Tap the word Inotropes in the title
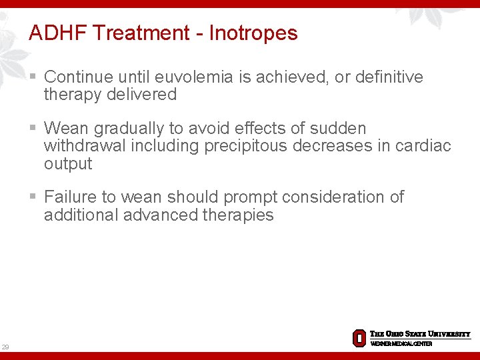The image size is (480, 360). [253, 33]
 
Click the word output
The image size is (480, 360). [67, 163]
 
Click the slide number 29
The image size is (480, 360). [5, 347]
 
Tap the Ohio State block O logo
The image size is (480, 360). [359, 338]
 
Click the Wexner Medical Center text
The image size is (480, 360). [401, 344]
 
